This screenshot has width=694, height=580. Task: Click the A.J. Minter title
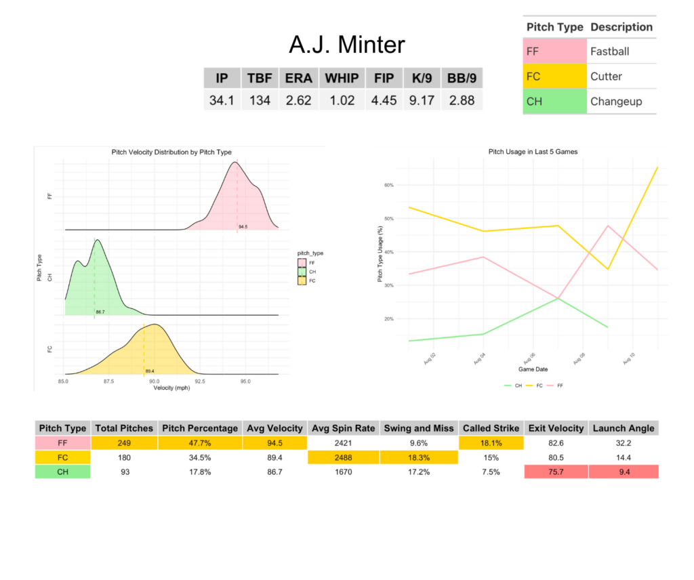tap(346, 45)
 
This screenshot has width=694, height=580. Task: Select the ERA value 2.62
tap(298, 100)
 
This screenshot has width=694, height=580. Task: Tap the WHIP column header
tap(341, 78)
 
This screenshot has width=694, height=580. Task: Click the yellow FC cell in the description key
tap(555, 76)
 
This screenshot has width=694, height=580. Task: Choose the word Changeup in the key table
tap(615, 101)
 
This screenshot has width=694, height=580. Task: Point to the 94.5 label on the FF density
tap(243, 227)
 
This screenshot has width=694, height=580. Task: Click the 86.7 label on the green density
tap(100, 312)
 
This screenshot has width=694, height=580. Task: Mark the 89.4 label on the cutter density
tap(149, 371)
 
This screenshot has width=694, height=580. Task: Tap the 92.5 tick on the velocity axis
tap(200, 381)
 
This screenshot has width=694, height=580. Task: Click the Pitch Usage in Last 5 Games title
tap(533, 152)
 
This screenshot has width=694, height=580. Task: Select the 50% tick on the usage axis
tap(389, 218)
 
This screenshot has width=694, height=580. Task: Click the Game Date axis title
tap(533, 370)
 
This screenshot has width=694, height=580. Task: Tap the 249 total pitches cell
tap(124, 442)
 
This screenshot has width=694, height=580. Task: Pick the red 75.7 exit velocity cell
tap(557, 472)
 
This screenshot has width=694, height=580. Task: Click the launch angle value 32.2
tap(624, 442)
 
